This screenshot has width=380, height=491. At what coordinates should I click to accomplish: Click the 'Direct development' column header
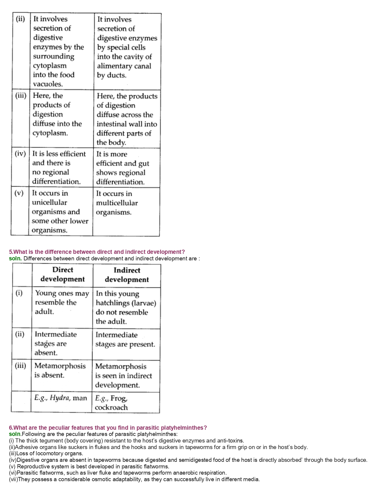tap(63, 274)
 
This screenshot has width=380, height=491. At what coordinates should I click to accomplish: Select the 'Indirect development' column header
tap(127, 275)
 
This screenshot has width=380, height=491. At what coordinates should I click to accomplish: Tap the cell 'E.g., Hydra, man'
tap(61, 398)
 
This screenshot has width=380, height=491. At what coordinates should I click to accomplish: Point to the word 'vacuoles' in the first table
tap(48, 84)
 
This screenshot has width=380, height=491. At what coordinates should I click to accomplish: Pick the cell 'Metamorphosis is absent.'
tap(60, 370)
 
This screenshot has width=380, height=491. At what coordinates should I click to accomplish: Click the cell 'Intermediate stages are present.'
tap(125, 340)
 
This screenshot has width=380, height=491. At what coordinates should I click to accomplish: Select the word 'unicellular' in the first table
tap(49, 203)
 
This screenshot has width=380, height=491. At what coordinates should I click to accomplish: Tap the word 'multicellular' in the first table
tap(117, 203)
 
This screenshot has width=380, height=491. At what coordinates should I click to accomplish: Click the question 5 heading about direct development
tap(97, 252)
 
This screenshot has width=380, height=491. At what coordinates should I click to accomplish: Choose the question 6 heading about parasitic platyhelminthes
tap(108, 428)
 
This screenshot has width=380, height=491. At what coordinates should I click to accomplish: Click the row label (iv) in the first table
tap(20, 154)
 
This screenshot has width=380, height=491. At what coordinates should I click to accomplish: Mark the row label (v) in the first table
tap(19, 193)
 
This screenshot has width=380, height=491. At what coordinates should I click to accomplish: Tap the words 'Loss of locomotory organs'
tap(50, 454)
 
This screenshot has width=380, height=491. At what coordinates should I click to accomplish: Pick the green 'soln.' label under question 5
tap(15, 259)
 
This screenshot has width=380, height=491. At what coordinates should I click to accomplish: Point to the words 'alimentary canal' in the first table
tap(124, 66)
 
